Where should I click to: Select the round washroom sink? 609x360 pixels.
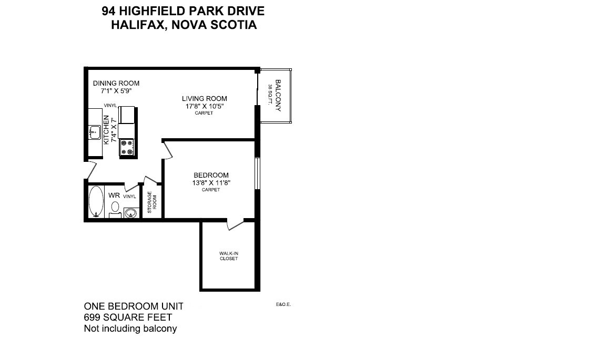(131, 213)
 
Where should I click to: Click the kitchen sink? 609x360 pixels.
(95, 132)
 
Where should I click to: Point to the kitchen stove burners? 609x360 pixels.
(127, 147)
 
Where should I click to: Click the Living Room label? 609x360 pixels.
(205, 98)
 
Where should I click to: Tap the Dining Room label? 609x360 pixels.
(116, 83)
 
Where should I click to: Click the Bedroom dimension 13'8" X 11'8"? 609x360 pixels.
(211, 183)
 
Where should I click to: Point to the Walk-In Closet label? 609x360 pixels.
(229, 256)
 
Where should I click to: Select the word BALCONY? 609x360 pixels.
(278, 96)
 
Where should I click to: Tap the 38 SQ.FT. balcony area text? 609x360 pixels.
(270, 96)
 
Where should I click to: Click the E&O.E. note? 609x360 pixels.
(283, 304)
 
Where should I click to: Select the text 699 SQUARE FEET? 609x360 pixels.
(128, 317)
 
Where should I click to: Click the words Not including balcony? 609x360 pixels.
(130, 328)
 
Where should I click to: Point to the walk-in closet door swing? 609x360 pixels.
(234, 224)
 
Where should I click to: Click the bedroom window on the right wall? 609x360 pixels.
(257, 173)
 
